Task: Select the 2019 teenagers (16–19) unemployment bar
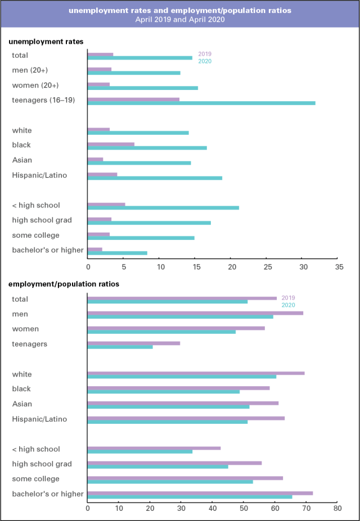133,99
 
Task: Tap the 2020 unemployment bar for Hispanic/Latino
155,178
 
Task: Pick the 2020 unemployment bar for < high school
163,207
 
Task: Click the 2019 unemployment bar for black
111,144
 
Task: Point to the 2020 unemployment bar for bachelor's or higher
118,253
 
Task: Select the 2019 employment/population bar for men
195,312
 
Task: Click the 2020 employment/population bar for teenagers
120,347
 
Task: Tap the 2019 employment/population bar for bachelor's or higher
200,493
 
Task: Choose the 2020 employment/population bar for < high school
140,451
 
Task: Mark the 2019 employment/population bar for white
196,373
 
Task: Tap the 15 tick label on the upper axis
195,268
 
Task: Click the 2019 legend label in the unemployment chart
205,54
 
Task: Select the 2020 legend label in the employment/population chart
288,305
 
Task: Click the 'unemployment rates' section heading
46,42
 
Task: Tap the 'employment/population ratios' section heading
64,284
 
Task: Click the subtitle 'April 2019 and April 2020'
180,19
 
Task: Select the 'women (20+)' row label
35,85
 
